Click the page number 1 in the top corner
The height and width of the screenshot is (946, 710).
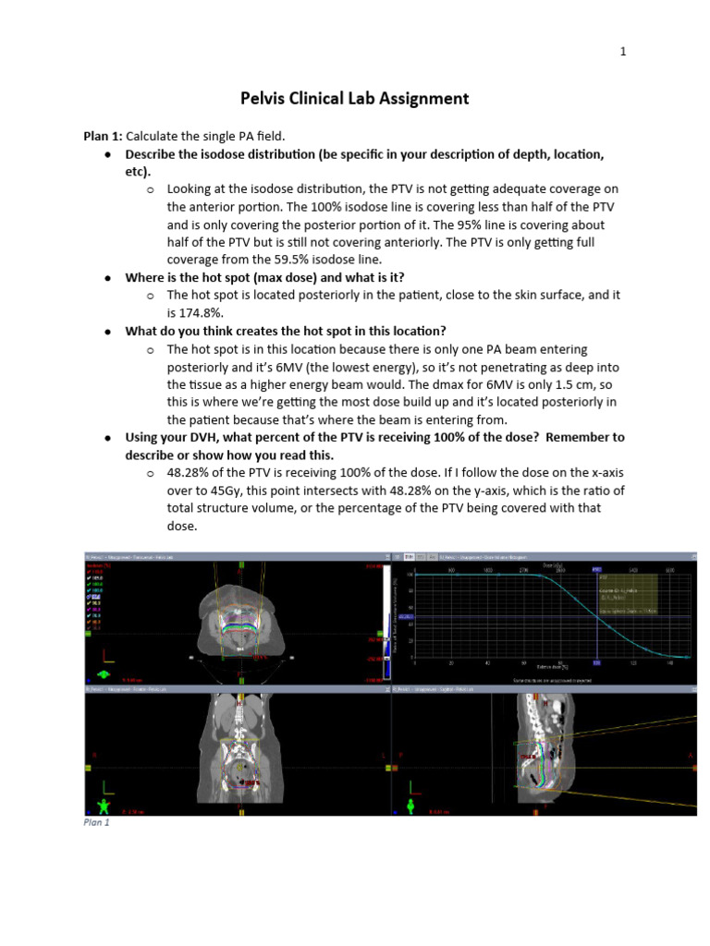[x=623, y=52]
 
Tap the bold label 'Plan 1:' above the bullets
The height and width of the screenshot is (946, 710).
[x=103, y=137]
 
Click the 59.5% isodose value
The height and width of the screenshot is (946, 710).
[x=319, y=259]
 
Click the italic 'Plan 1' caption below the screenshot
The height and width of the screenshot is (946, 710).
[x=96, y=822]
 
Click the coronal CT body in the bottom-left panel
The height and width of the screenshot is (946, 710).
[x=239, y=748]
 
